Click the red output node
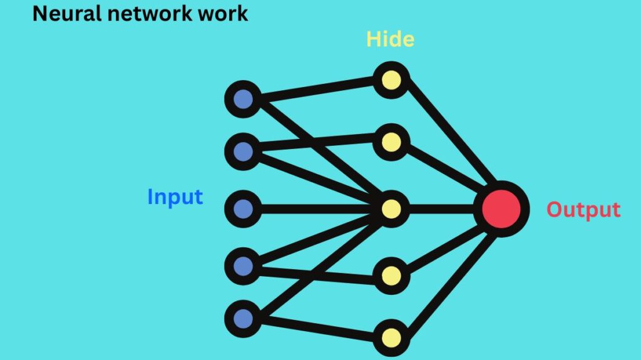[498, 208]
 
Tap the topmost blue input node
[243, 99]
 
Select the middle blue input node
[243, 208]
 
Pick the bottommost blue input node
[243, 319]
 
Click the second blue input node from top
[243, 151]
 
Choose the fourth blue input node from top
[243, 266]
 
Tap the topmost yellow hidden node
[391, 80]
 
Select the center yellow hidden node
[391, 208]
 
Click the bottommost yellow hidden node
[391, 338]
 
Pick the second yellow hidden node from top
[391, 142]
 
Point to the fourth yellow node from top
[391, 275]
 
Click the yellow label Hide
[390, 39]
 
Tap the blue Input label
[175, 197]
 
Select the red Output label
[583, 210]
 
